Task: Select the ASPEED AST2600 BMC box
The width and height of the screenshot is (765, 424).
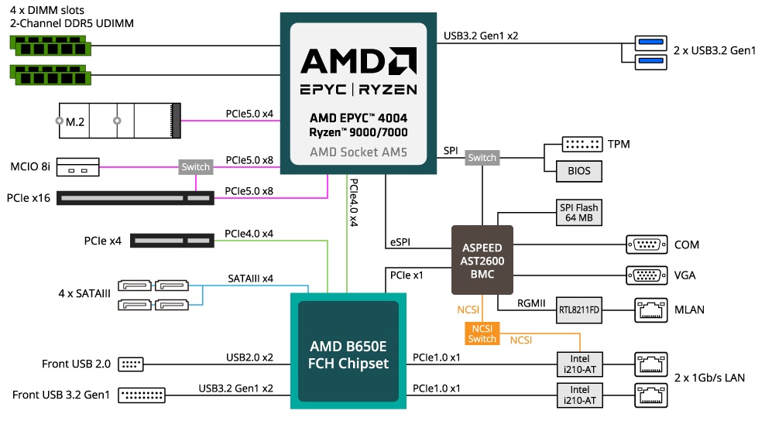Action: click(x=482, y=260)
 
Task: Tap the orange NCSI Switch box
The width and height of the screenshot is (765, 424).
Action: click(x=482, y=333)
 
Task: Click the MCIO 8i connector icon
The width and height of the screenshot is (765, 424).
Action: click(x=77, y=166)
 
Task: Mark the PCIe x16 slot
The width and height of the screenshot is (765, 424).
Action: click(x=136, y=198)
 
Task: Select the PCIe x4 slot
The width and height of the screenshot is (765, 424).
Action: click(x=172, y=241)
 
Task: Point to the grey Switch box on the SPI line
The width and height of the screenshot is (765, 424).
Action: click(x=482, y=158)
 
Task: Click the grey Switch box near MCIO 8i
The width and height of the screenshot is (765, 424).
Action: click(x=195, y=166)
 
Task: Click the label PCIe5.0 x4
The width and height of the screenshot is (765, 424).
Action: click(x=249, y=113)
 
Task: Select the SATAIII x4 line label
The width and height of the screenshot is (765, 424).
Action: click(x=250, y=279)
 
